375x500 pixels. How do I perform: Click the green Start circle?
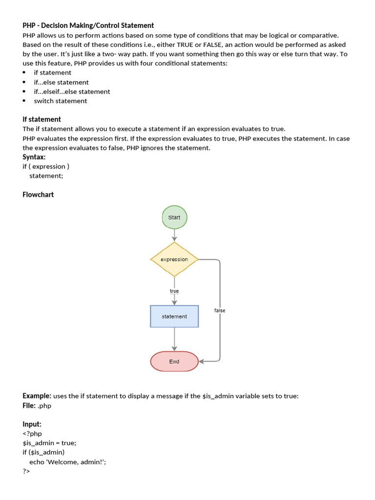coord(174,217)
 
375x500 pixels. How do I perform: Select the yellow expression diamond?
coord(174,259)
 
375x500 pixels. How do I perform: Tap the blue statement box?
coord(174,316)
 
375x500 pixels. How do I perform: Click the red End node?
coord(174,362)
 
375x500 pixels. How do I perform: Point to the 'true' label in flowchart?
coord(174,291)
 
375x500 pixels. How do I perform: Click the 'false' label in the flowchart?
coord(220,311)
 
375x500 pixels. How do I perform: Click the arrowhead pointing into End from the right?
coord(202,362)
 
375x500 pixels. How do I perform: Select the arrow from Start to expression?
coord(174,235)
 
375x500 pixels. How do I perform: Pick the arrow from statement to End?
coord(174,339)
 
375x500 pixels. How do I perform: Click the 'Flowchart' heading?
coord(38,194)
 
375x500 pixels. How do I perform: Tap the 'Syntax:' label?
coord(34,157)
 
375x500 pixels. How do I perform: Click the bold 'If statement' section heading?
coord(42,119)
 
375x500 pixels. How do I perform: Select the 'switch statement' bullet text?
coord(61,101)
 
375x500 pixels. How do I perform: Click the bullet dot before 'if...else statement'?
coord(24,83)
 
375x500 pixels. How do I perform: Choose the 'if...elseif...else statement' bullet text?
coord(72,92)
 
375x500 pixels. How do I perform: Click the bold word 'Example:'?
coord(37,396)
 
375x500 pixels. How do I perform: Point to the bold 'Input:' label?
coord(32,424)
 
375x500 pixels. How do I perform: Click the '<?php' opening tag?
coord(32,434)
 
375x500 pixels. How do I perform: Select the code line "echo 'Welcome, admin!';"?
coord(67,461)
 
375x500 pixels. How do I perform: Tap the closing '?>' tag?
coord(26,471)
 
